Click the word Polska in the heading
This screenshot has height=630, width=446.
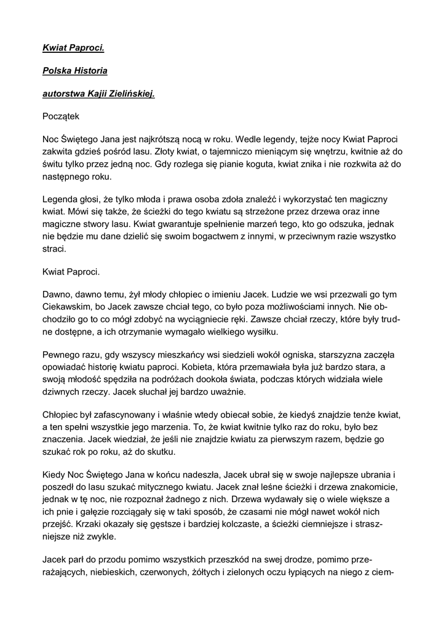click(56, 71)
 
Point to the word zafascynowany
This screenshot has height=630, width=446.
click(127, 415)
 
